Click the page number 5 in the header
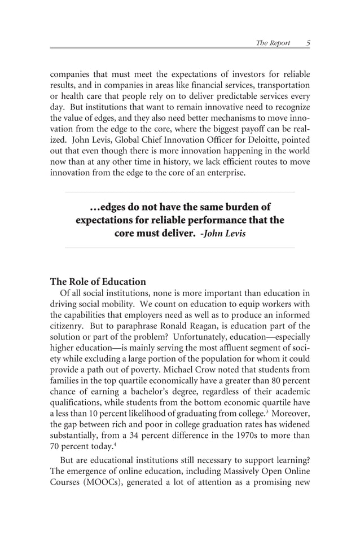(x=308, y=42)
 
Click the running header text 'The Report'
(x=273, y=42)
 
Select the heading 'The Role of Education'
(x=98, y=282)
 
